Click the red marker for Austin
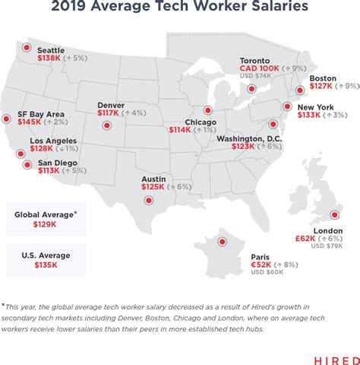point(148,199)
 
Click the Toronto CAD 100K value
point(260,67)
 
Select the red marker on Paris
point(223,242)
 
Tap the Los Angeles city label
point(53,141)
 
